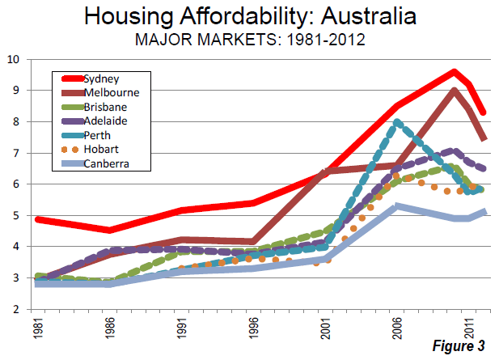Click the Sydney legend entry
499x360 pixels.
click(101, 78)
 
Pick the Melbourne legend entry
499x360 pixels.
click(109, 93)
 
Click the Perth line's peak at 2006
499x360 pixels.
click(396, 122)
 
